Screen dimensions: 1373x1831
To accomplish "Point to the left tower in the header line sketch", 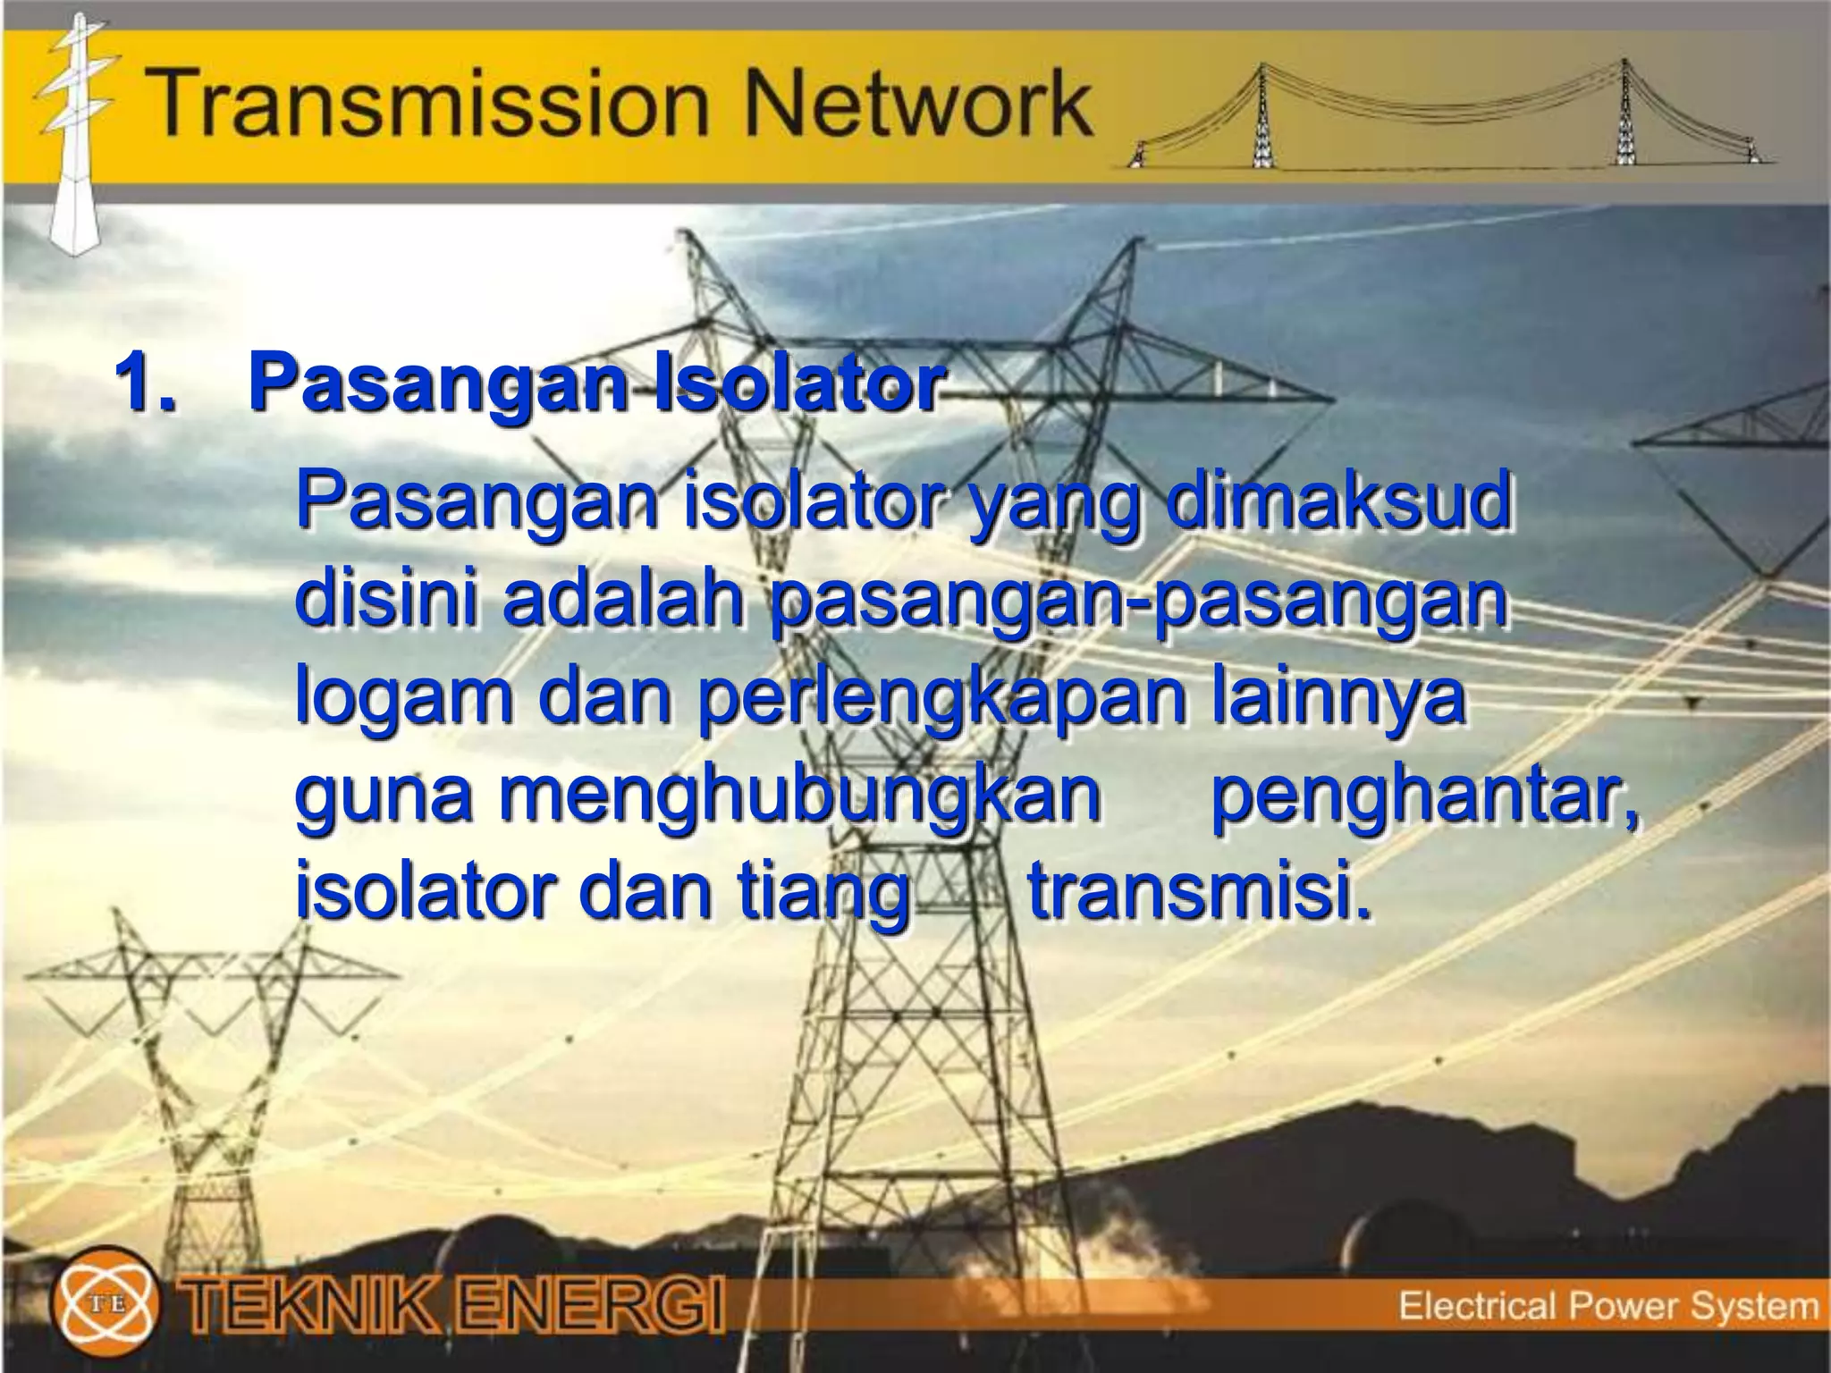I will pyautogui.click(x=1261, y=116).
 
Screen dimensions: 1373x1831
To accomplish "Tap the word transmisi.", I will pyautogui.click(x=1198, y=891).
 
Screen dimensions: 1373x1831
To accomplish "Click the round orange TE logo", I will pyautogui.click(x=105, y=1303).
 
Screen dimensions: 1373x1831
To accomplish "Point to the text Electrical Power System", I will pyautogui.click(x=1607, y=1306).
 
